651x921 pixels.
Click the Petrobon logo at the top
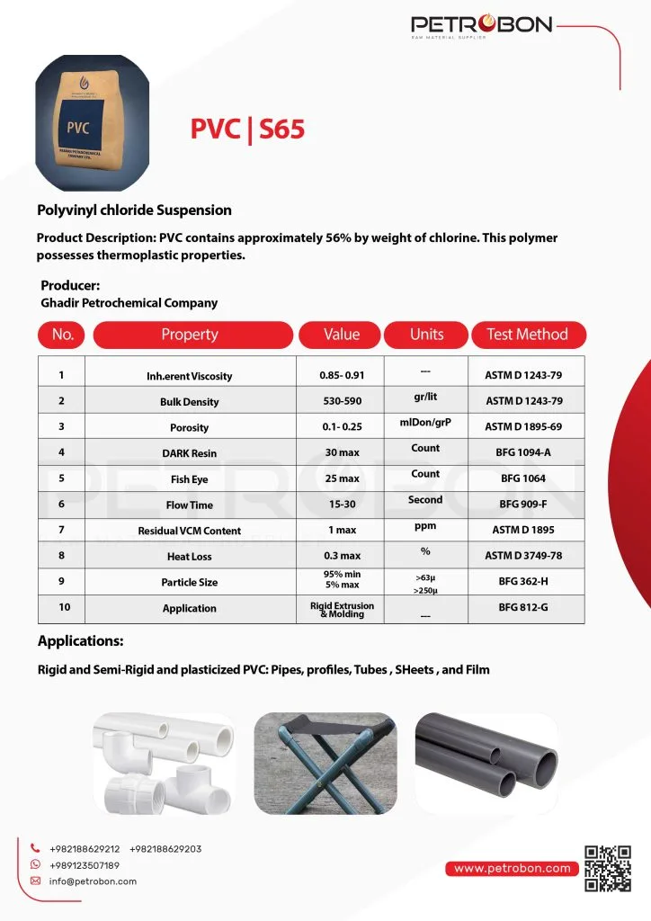481,26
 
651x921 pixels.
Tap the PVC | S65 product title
247,130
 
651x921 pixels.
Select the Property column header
190,335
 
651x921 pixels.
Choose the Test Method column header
527,335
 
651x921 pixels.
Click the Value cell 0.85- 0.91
341,375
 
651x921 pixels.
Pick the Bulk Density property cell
189,402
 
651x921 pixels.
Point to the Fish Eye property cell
189,479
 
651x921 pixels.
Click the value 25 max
341,478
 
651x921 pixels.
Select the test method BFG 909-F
522,505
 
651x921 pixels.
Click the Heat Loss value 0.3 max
341,556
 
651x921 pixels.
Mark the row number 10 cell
64,608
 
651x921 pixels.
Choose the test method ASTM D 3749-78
522,556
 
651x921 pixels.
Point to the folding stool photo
325,758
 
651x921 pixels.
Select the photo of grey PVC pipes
486,758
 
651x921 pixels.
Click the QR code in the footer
607,868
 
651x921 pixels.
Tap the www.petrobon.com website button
513,869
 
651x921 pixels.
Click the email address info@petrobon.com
93,881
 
